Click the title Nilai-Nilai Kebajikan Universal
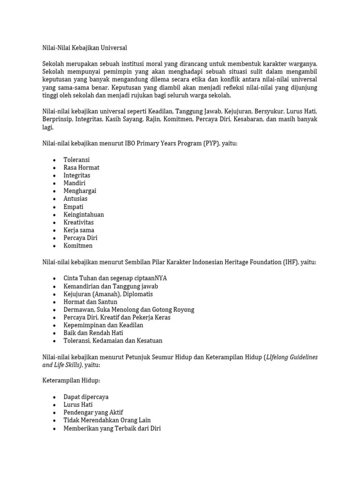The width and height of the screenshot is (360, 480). click(84, 48)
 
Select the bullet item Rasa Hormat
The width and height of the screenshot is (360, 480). click(81, 167)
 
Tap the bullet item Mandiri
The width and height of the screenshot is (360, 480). click(75, 183)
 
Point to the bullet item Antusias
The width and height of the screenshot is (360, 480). click(75, 199)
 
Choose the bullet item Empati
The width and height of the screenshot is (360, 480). click(74, 207)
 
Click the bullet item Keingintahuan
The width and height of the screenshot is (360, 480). click(83, 215)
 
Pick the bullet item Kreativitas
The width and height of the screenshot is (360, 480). click(79, 222)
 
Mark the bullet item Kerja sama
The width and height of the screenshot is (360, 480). click(79, 230)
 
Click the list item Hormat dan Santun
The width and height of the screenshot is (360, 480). click(90, 302)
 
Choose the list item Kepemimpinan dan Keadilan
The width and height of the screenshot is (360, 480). click(103, 325)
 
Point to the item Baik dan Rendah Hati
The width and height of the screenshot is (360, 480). click(93, 333)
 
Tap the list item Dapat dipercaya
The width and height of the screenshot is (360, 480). click(86, 397)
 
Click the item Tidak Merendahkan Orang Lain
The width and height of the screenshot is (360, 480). click(107, 420)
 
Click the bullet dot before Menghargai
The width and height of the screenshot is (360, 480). click(55, 191)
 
